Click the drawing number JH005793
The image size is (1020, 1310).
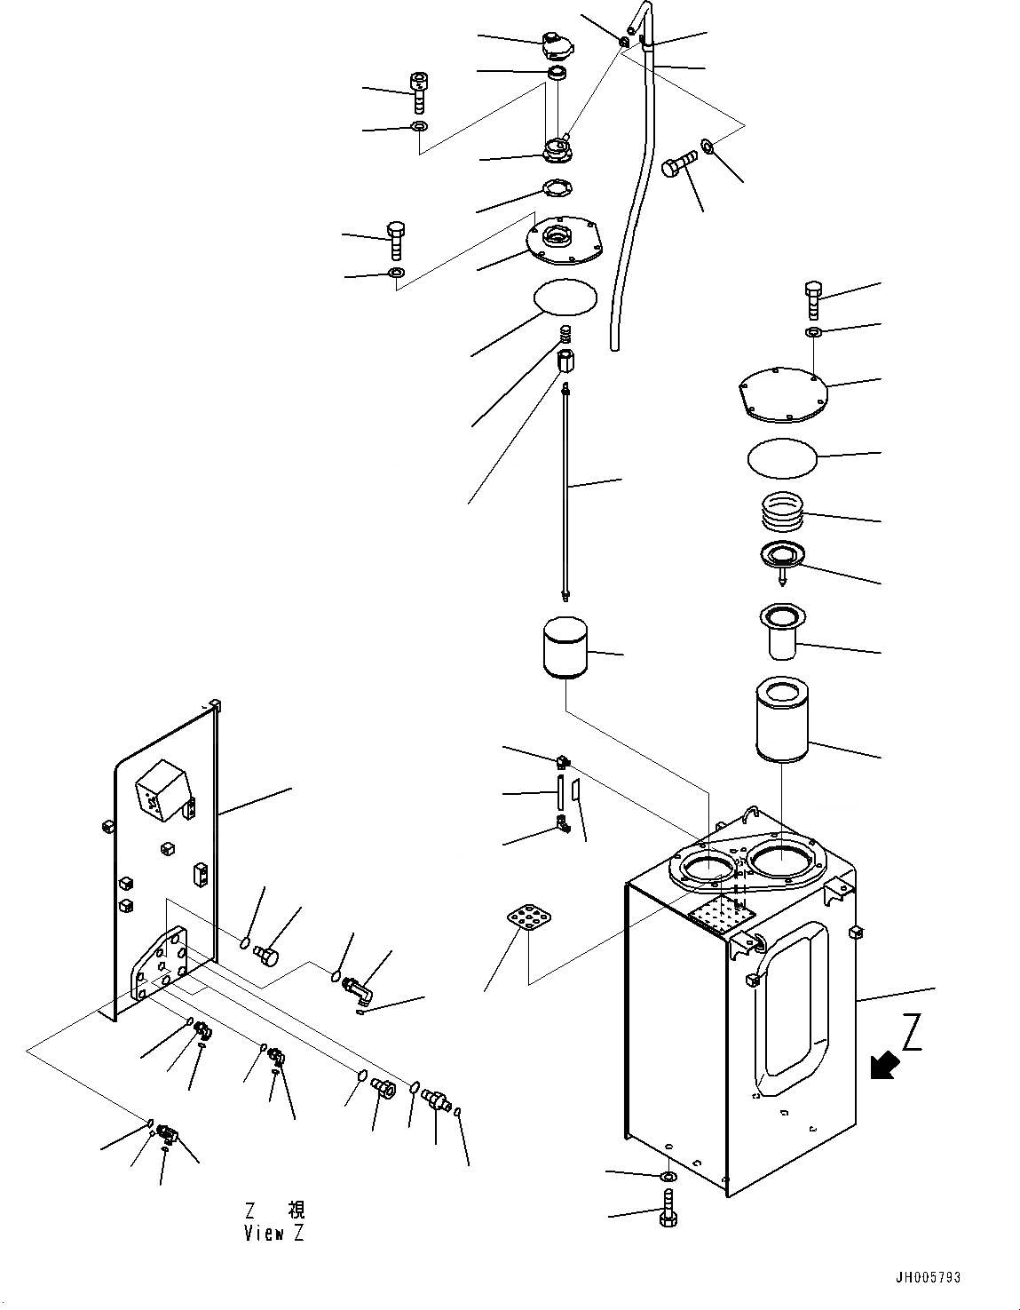[x=929, y=1278]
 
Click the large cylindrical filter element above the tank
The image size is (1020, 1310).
[x=780, y=719]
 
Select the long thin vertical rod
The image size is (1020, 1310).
[x=565, y=488]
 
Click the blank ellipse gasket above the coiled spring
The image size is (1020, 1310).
[x=564, y=296]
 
